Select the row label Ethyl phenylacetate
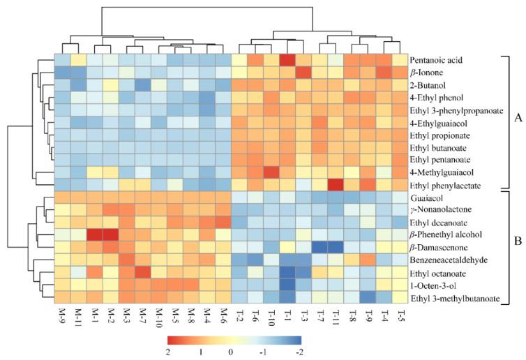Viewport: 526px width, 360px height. coord(443,186)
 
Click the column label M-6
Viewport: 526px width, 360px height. coord(223,317)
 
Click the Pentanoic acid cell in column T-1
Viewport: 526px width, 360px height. coord(285,61)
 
